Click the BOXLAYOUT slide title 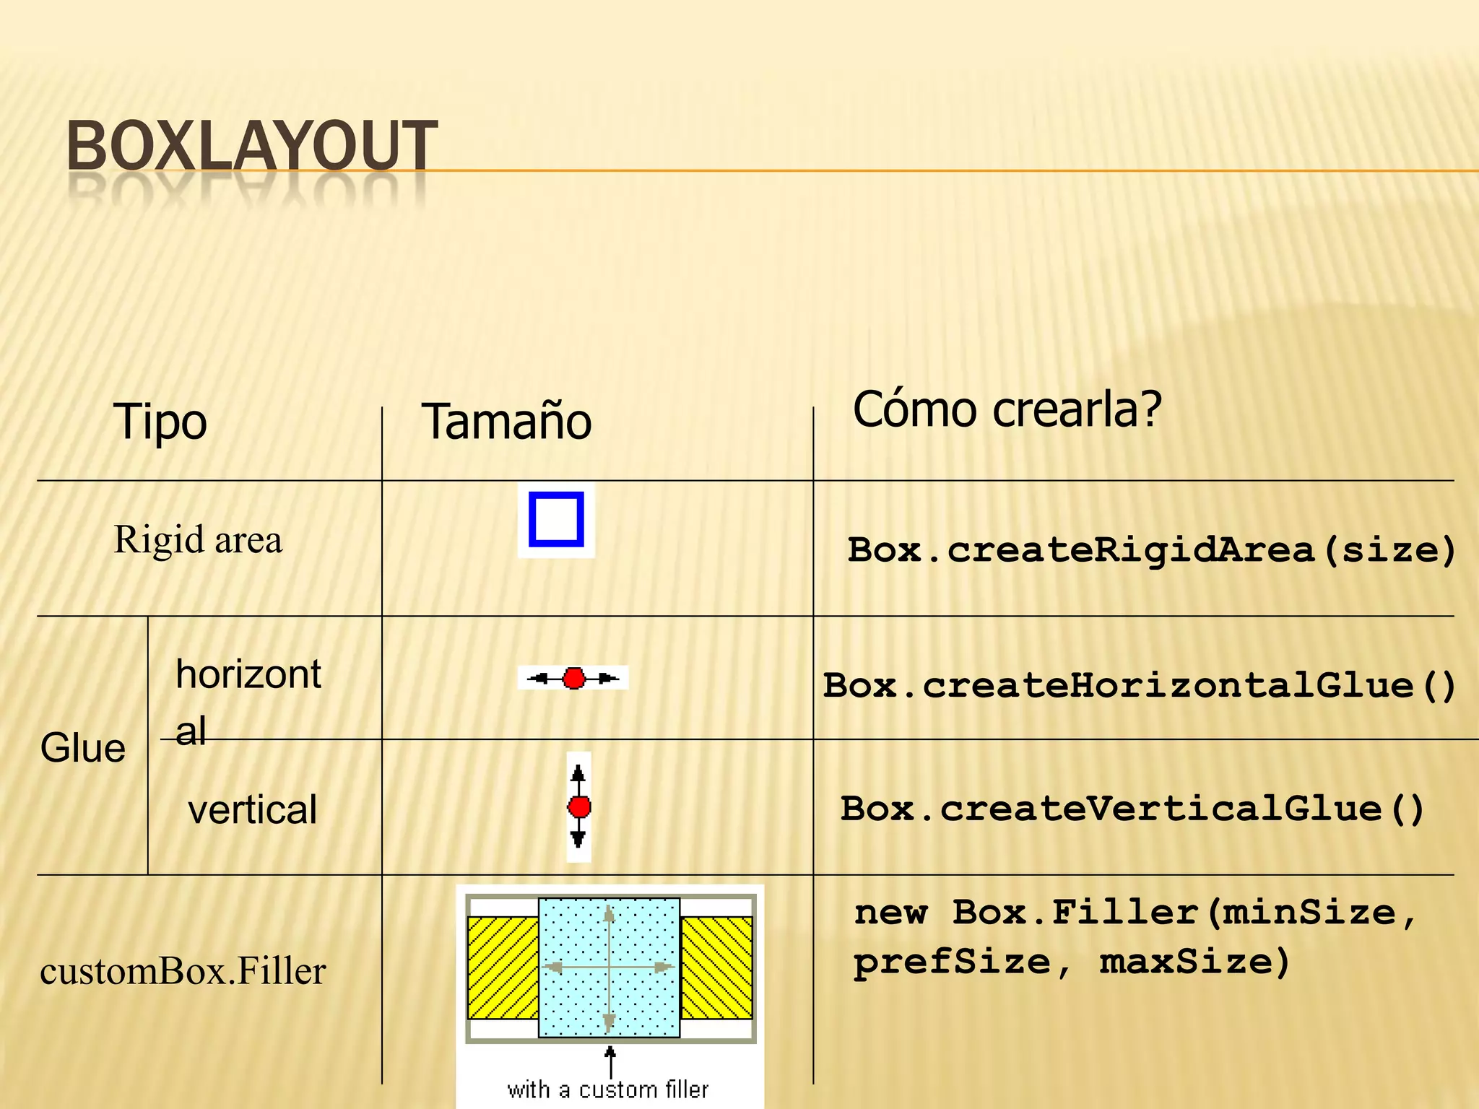(x=251, y=147)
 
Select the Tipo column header (x=160, y=422)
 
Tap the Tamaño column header (x=506, y=422)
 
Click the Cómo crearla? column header (x=1007, y=409)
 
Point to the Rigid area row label (x=198, y=540)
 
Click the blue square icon (x=556, y=520)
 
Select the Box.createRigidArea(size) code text (x=1151, y=551)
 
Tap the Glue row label (x=82, y=748)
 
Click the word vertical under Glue (x=252, y=810)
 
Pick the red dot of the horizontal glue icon (x=574, y=679)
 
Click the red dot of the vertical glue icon (x=579, y=807)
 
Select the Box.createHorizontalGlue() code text (x=1140, y=686)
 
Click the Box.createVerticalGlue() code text (x=1132, y=809)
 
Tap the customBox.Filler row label (x=183, y=972)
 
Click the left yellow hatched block (x=503, y=967)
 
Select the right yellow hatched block (x=716, y=967)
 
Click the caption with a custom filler (x=608, y=1090)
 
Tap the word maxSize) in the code (x=1194, y=962)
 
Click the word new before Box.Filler (x=890, y=913)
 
